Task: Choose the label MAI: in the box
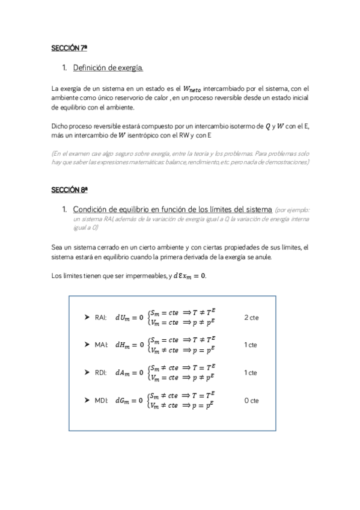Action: pyautogui.click(x=101, y=345)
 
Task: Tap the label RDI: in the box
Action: pyautogui.click(x=101, y=373)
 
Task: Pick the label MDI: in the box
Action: pyautogui.click(x=101, y=401)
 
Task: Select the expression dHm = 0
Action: pyautogui.click(x=130, y=345)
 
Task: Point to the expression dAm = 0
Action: pyautogui.click(x=130, y=373)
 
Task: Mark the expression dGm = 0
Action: pyautogui.click(x=130, y=401)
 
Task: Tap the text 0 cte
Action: pyautogui.click(x=251, y=401)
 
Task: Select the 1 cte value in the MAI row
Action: pyautogui.click(x=251, y=345)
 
